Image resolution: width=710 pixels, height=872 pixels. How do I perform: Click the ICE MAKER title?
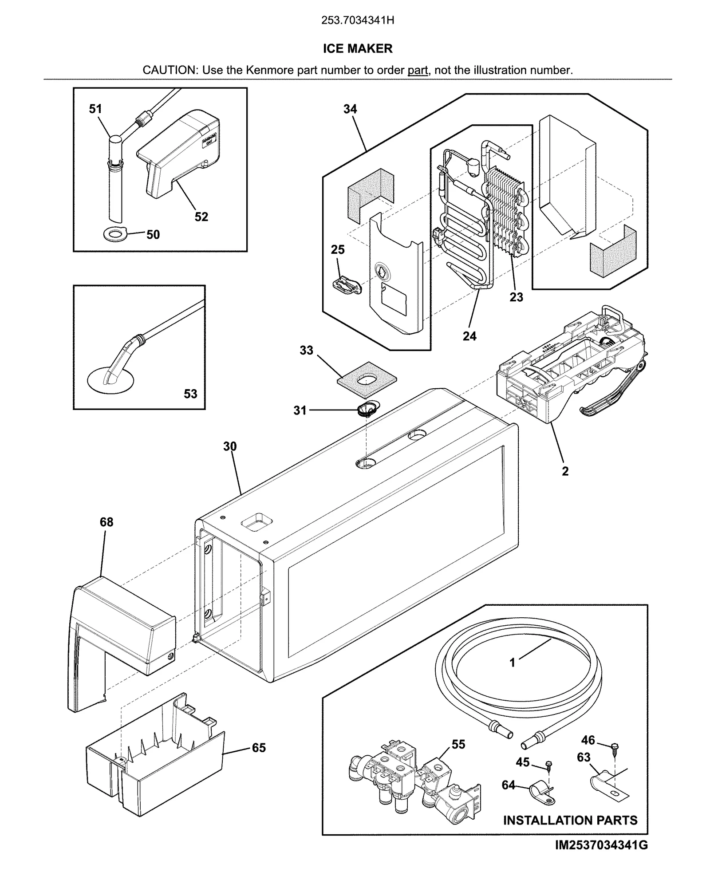[x=357, y=48]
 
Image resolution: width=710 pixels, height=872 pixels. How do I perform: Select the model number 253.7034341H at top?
[x=357, y=21]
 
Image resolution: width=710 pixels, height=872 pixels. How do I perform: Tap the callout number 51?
[x=95, y=109]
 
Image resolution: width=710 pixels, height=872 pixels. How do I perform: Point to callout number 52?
[x=201, y=217]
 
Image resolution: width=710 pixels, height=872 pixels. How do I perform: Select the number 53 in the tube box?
[x=190, y=394]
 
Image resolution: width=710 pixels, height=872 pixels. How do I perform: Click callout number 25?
[x=337, y=250]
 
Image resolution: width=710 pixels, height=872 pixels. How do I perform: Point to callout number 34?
[x=350, y=109]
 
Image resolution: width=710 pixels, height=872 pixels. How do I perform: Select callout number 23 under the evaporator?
[x=516, y=297]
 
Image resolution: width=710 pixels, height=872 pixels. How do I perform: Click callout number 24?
[x=469, y=336]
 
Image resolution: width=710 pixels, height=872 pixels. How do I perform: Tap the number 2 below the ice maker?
[x=565, y=471]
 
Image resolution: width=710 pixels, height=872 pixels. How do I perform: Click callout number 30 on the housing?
[x=230, y=446]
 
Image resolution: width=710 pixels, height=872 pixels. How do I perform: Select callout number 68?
[x=106, y=522]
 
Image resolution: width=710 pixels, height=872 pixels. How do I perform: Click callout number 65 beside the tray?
[x=259, y=748]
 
